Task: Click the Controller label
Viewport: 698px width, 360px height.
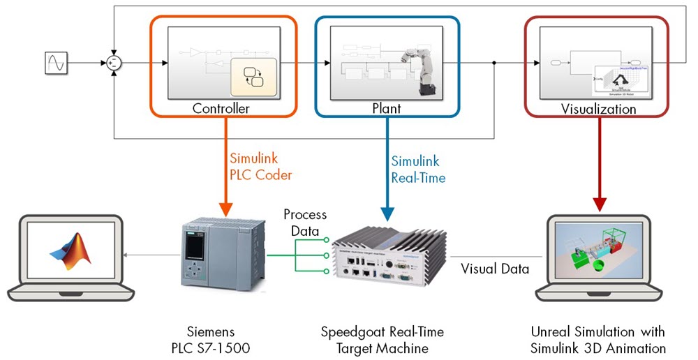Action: click(x=221, y=108)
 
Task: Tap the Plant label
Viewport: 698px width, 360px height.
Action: click(x=387, y=108)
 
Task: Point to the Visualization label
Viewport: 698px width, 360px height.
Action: click(x=599, y=109)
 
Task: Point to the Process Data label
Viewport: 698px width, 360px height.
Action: click(x=304, y=223)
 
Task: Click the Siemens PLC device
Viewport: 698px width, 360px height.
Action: click(x=223, y=255)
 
